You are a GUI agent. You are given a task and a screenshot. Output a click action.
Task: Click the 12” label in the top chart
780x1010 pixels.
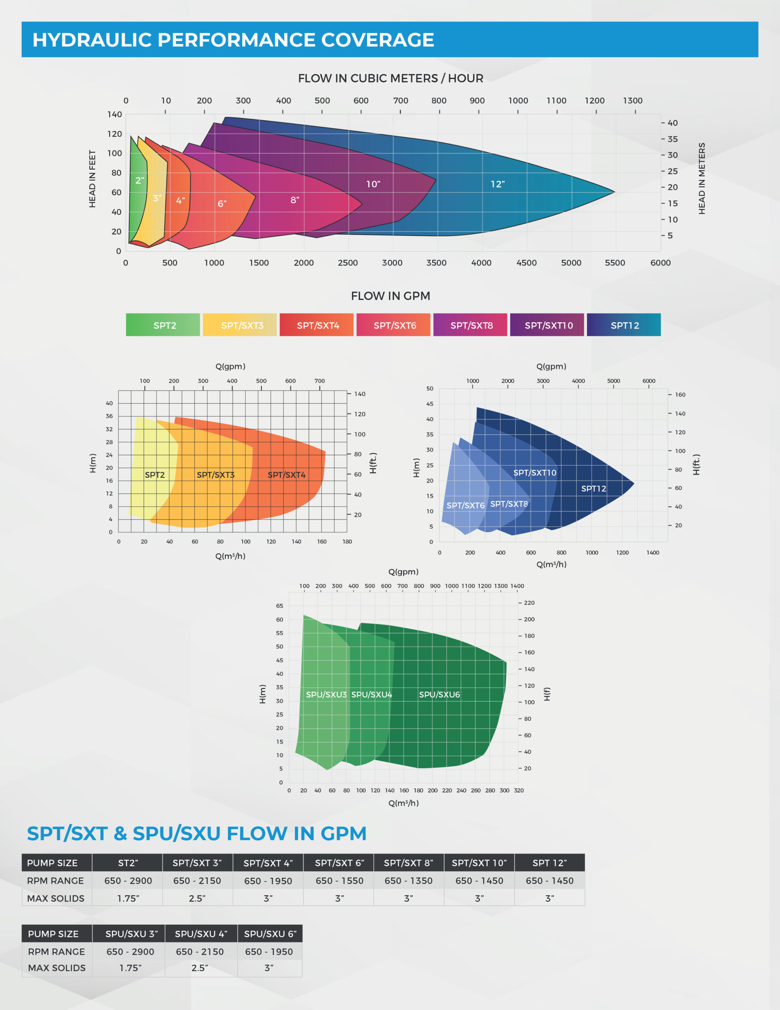pos(498,184)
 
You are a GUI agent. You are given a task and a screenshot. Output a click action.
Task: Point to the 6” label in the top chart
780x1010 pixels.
pos(222,204)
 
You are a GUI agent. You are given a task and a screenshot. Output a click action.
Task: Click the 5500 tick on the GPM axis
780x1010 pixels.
pos(615,263)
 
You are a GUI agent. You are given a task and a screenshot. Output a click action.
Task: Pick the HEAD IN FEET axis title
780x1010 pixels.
pos(92,179)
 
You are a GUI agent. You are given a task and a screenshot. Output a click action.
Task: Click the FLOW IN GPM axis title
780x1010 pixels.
pos(390,296)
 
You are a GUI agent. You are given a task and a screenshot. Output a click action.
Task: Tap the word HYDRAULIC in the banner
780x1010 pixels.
pos(92,40)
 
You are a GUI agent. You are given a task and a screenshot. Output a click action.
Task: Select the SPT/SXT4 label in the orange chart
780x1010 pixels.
pos(286,475)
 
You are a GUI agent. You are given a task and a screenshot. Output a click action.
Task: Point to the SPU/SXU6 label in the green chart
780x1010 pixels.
pos(439,695)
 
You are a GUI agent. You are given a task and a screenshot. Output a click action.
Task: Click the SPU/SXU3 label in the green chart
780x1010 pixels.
pos(326,695)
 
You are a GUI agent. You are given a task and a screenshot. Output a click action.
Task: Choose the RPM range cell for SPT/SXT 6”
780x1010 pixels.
pos(340,881)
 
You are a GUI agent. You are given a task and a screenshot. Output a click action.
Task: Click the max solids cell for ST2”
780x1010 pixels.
pos(128,898)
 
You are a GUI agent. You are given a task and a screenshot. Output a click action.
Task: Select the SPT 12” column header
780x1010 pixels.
pos(549,863)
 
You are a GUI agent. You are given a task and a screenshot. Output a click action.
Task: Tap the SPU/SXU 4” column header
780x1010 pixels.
pos(201,934)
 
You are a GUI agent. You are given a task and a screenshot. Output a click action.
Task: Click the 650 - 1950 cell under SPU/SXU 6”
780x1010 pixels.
pos(269,952)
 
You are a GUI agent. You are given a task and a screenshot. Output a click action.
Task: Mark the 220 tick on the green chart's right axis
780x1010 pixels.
pos(529,603)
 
